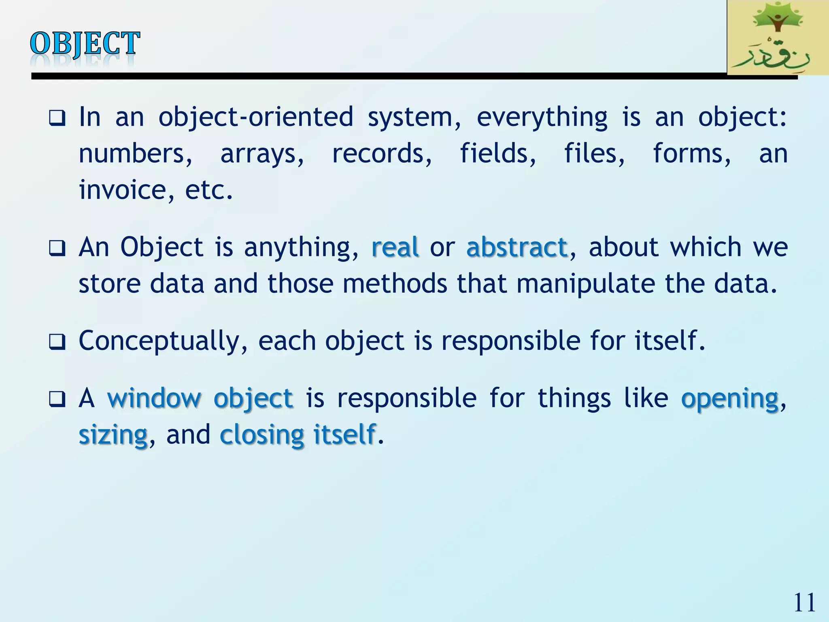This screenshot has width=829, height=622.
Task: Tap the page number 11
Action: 804,603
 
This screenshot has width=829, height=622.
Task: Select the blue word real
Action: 395,247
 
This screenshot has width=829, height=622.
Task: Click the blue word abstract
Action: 517,247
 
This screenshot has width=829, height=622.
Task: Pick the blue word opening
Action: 729,398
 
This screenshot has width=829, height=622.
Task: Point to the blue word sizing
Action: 113,435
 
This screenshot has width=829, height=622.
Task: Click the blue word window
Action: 154,398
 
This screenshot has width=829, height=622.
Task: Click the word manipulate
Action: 585,283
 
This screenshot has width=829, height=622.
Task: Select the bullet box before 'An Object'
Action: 57,248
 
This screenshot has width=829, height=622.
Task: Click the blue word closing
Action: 261,435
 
